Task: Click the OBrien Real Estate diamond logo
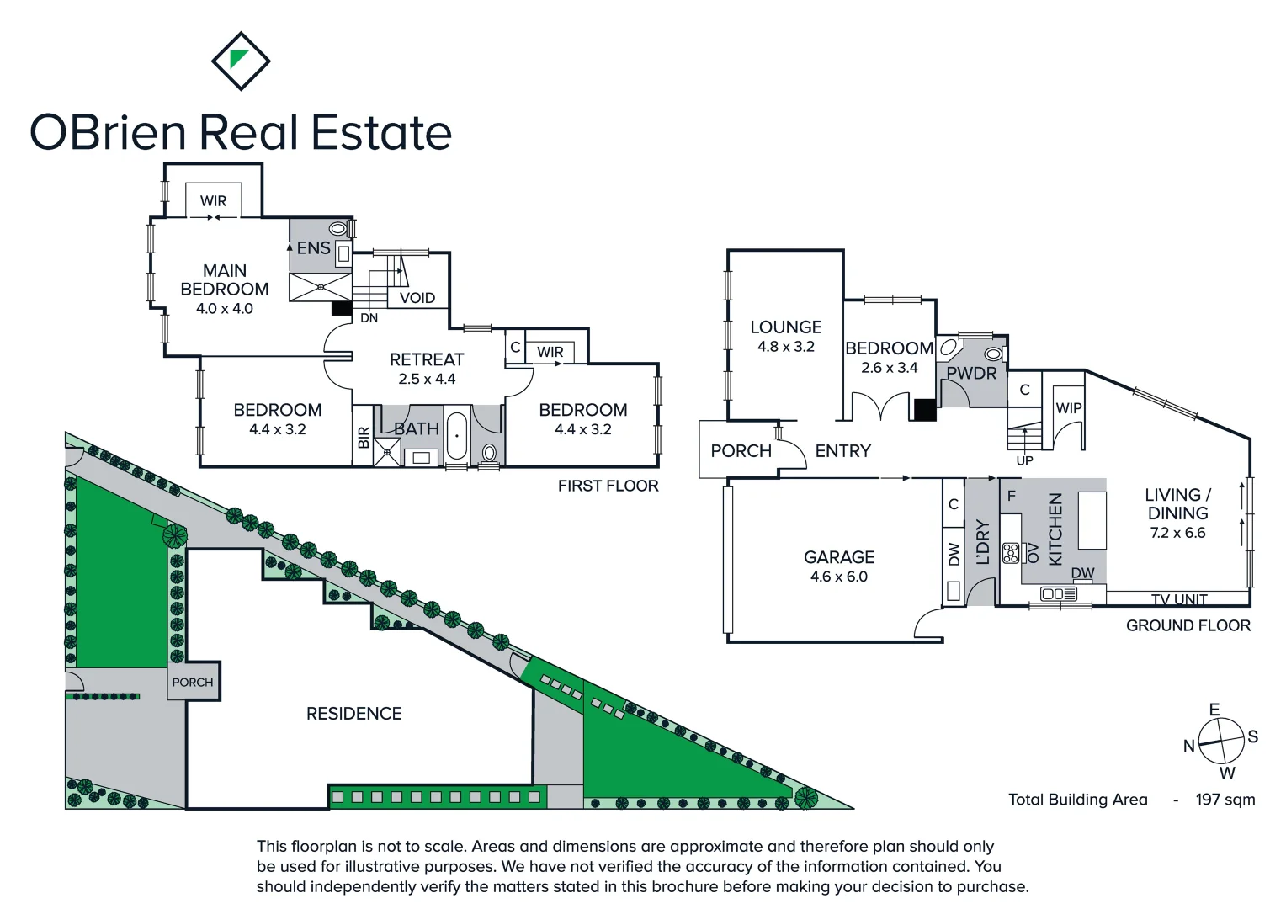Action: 241,61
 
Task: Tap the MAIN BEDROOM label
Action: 225,280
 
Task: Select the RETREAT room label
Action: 427,359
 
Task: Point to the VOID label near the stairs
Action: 417,298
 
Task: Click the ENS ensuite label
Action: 313,248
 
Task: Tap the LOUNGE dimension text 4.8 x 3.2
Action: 786,347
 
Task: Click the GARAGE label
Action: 839,557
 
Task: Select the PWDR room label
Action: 971,374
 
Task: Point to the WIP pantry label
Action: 1069,408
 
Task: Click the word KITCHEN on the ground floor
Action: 1055,529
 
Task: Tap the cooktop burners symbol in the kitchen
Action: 1011,553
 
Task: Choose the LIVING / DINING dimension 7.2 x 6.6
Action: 1177,533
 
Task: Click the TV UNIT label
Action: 1179,599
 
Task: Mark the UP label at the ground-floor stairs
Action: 1024,460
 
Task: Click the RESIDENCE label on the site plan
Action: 353,714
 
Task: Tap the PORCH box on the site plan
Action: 193,683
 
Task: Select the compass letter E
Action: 1214,710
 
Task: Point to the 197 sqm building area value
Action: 1225,800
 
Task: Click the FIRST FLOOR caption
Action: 608,486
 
